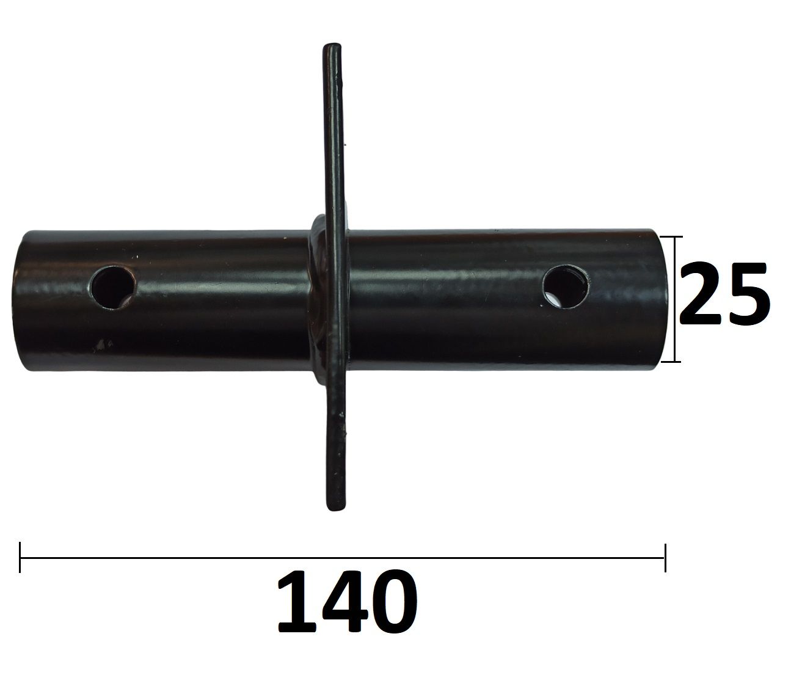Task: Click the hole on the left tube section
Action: click(113, 287)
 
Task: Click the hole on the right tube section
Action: click(566, 286)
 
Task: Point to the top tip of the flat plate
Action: click(332, 45)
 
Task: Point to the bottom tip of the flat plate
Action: click(336, 509)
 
